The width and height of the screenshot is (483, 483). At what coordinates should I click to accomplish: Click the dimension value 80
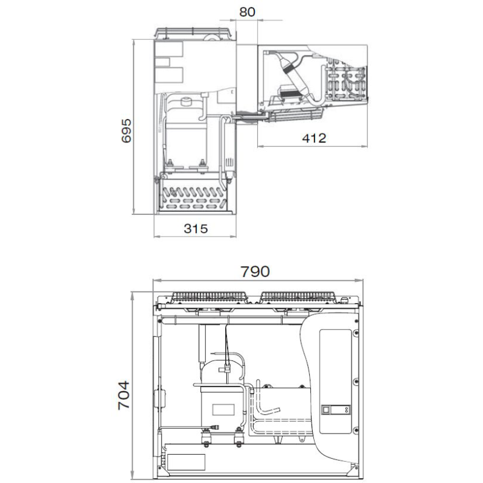coord(247,12)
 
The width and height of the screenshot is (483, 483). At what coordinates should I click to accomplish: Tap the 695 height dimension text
coord(126,131)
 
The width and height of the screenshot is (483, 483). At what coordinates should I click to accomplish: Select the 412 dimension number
coord(314,138)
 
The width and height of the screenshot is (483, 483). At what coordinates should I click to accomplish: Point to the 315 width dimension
coord(196,229)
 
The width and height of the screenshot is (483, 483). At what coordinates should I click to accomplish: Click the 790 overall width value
coord(255,272)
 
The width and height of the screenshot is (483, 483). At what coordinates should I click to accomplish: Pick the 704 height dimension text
coord(124,395)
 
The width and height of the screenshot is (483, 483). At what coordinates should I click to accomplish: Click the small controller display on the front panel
coord(336,410)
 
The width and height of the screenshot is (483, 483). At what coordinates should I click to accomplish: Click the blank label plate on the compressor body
coord(223,409)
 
